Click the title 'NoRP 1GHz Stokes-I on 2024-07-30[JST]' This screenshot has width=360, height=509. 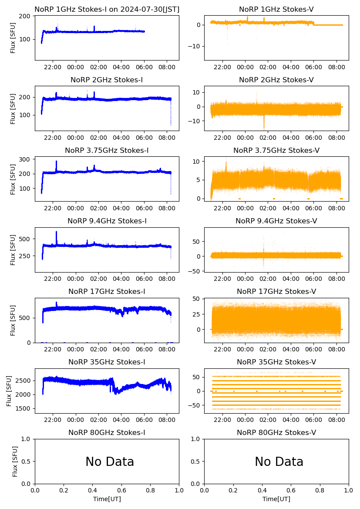[x=107, y=9]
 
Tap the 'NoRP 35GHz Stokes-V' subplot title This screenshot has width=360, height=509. [x=276, y=362]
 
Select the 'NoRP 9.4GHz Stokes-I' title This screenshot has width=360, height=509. [x=107, y=221]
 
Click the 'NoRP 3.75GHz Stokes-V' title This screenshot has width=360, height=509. [x=276, y=150]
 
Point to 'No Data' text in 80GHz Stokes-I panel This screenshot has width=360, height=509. [x=110, y=462]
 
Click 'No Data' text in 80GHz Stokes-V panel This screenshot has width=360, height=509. [x=279, y=462]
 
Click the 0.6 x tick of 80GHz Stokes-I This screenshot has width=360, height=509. [x=121, y=490]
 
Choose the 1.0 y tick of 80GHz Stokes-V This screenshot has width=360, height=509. [x=199, y=439]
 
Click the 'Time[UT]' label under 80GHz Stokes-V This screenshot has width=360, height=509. [x=276, y=499]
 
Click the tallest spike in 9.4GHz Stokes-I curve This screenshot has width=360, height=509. [x=56, y=232]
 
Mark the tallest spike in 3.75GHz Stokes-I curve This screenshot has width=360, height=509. [x=56, y=162]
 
